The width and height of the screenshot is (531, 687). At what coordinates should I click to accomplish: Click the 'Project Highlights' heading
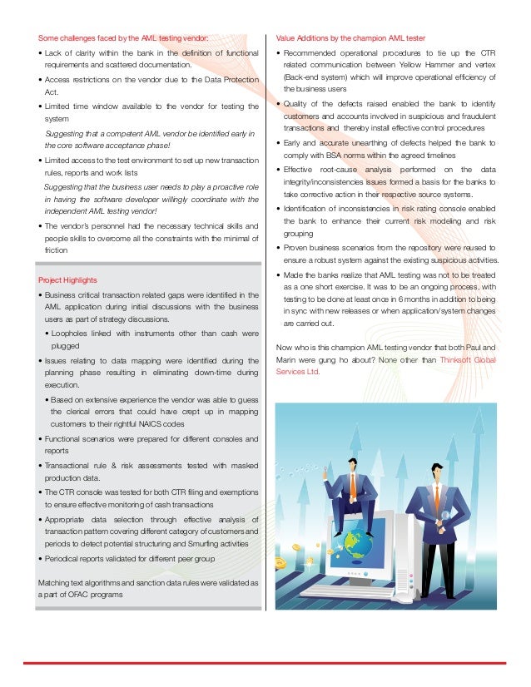tap(67, 280)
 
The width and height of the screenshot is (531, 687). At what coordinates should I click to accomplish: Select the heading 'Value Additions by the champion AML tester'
tap(350, 38)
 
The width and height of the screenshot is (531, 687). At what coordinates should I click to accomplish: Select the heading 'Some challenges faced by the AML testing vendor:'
tap(122, 38)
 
